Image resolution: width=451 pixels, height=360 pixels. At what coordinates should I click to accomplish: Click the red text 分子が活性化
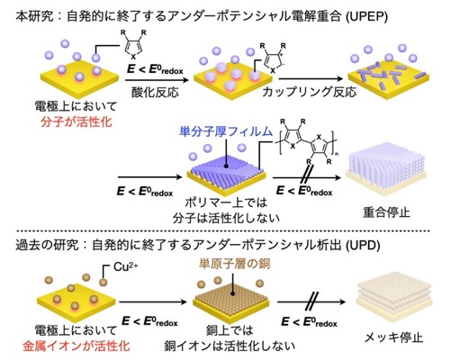[77, 121]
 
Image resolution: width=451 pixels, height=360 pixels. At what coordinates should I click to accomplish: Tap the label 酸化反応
[156, 92]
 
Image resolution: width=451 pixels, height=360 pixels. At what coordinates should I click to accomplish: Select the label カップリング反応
[310, 92]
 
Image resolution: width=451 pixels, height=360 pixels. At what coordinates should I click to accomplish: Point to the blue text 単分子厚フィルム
[226, 131]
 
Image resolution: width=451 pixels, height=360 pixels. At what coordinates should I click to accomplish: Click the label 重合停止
[386, 212]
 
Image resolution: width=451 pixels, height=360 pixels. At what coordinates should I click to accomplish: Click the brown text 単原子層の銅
[234, 264]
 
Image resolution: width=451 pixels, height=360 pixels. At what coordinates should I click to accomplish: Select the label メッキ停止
[393, 337]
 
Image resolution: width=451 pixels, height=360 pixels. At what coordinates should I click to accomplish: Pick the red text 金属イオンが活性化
[77, 346]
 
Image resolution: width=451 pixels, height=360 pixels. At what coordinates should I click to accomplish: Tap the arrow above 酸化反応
[157, 80]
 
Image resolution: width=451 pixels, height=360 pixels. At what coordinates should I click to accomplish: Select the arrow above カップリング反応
[311, 79]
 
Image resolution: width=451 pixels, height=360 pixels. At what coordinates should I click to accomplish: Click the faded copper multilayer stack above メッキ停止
[393, 297]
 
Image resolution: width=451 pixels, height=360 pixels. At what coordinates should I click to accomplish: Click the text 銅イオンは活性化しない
[230, 346]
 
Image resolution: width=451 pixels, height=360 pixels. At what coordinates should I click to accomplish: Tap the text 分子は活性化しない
[226, 218]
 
